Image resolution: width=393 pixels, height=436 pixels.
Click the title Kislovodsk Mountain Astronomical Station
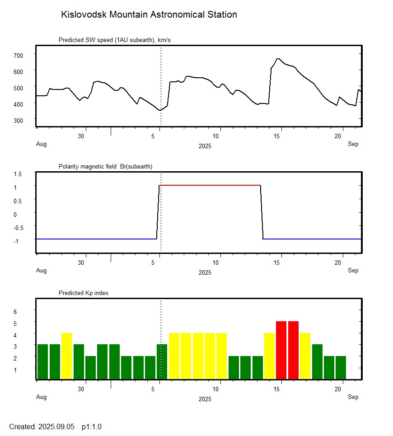coord(149,15)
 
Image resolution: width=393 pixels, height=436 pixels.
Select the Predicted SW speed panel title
coord(114,40)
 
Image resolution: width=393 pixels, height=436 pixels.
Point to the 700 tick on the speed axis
coord(18,55)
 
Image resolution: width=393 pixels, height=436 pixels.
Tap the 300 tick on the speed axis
coord(18,120)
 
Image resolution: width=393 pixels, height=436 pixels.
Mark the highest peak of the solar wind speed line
coord(278,59)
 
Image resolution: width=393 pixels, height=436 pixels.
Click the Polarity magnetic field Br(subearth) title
coord(105,167)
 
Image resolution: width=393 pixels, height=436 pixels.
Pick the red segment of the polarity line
coord(210,185)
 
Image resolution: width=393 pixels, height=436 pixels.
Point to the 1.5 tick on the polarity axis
coord(18,173)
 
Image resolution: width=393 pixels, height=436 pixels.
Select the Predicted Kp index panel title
coord(84,293)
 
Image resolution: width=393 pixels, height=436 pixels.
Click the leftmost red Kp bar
coord(281,350)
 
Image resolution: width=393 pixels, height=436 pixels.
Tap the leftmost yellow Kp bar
coord(66,356)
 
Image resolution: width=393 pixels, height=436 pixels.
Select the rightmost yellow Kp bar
coord(305,356)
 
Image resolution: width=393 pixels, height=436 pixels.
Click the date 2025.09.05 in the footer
coord(56,427)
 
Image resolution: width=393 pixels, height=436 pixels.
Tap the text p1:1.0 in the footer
coord(92,427)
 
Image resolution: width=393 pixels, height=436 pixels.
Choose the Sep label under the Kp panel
coord(353,397)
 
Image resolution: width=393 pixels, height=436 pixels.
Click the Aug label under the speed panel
coord(41,144)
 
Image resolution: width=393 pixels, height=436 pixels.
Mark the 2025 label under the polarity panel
coord(205,272)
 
